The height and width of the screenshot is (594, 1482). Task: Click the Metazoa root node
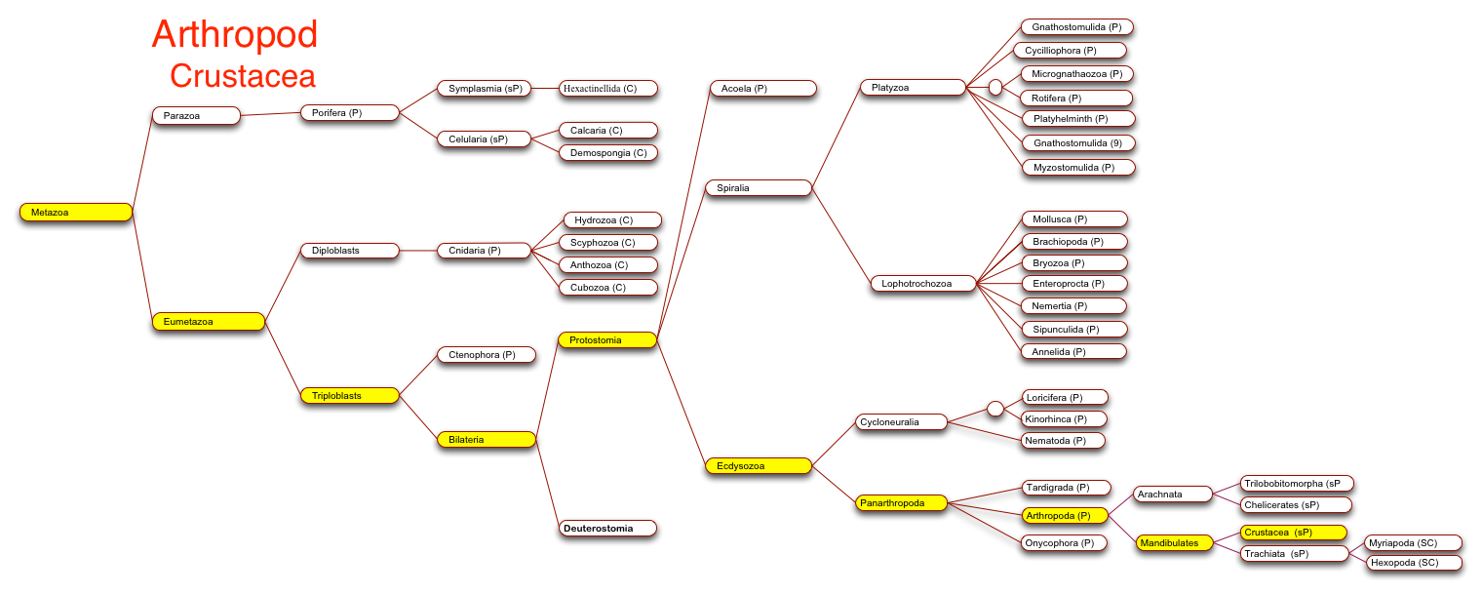[x=76, y=212]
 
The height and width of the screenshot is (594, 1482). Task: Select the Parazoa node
[x=196, y=115]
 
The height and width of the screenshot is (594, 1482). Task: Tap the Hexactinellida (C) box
[x=608, y=88]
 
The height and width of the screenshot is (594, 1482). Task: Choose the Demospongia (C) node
[x=608, y=153]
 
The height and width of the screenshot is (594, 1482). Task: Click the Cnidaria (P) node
[x=484, y=251]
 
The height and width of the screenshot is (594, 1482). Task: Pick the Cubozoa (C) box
[x=608, y=288]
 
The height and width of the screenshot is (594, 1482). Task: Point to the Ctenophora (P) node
[x=487, y=355]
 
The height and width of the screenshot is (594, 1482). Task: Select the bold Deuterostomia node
[x=607, y=528]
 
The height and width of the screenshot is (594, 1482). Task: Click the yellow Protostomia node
[x=607, y=339]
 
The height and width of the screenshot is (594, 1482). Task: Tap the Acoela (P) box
[x=762, y=88]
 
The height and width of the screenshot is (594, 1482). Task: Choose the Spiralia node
[x=759, y=187]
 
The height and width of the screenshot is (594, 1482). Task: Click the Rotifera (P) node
[x=1076, y=98]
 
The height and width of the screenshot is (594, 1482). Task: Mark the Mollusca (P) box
[x=1074, y=219]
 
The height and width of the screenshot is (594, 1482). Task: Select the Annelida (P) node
[x=1073, y=352]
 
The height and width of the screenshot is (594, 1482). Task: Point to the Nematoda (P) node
[x=1063, y=440]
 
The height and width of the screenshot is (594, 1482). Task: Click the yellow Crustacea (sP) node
[x=1293, y=532]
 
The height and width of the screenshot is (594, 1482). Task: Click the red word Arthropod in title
[x=235, y=34]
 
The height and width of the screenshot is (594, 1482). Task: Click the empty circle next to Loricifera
[x=995, y=409]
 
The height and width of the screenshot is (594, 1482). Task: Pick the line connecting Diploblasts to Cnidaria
[x=418, y=251]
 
